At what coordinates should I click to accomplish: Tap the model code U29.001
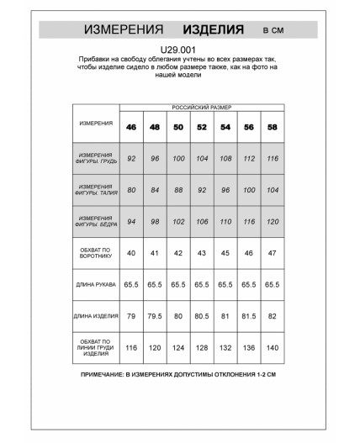tap(178, 50)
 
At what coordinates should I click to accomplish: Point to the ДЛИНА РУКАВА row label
tap(96, 285)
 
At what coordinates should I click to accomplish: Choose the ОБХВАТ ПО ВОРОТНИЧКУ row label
tap(96, 253)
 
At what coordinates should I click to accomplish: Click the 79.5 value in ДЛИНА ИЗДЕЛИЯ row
tap(155, 316)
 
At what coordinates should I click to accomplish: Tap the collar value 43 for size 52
tap(202, 253)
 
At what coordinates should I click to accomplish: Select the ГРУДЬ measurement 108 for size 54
tap(225, 158)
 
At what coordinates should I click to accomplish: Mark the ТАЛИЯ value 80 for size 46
tap(131, 190)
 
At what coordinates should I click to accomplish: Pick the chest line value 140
tap(273, 347)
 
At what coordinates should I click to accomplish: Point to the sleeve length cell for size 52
tap(202, 285)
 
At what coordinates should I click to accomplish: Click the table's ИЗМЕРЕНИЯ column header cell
tap(96, 123)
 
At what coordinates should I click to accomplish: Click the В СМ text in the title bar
tap(273, 30)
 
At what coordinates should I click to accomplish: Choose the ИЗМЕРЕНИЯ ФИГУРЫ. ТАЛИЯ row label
tap(96, 190)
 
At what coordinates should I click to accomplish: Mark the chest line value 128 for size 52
tap(202, 347)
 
